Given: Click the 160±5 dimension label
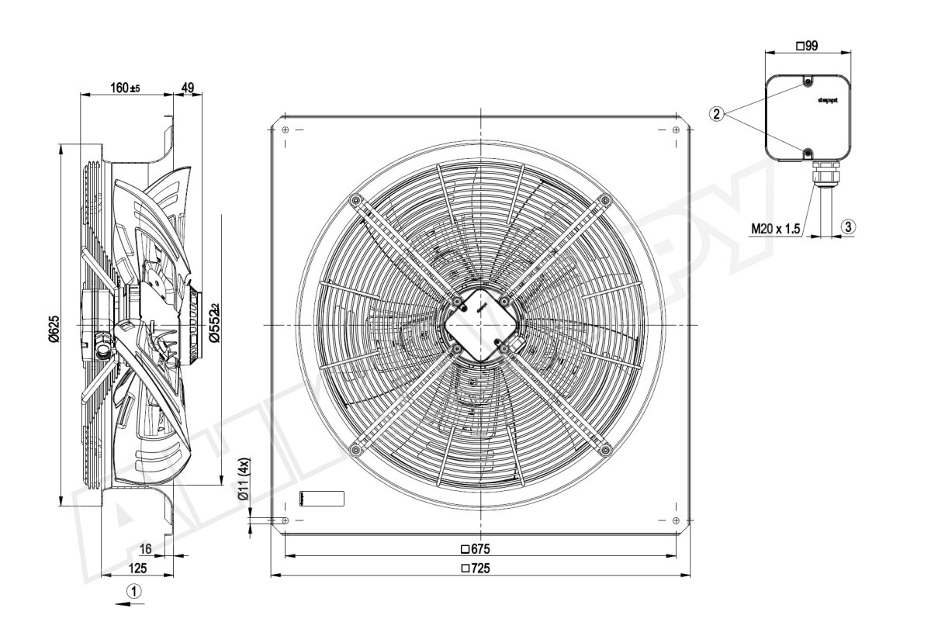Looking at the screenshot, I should [124, 88].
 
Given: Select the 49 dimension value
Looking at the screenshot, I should [187, 88].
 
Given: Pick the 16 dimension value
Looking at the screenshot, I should [145, 548].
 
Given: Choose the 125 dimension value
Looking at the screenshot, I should [137, 569].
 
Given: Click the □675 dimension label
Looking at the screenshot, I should [476, 548].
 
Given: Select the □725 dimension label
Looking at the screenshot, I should [476, 569].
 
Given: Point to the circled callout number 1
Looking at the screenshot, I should [135, 591].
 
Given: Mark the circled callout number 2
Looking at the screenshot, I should [717, 114].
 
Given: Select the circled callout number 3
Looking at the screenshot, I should [849, 226].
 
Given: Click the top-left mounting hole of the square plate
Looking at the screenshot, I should [286, 130].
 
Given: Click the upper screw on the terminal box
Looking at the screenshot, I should [808, 83].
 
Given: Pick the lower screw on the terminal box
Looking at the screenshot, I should [808, 151].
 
